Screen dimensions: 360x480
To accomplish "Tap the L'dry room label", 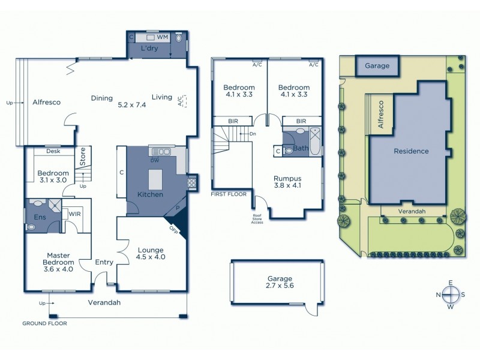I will (x=150, y=48).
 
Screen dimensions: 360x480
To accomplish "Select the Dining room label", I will (x=102, y=98).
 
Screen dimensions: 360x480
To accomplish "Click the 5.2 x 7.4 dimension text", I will (x=133, y=104).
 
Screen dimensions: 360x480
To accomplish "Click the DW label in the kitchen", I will (x=154, y=161).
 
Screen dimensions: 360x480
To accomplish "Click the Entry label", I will (x=105, y=262).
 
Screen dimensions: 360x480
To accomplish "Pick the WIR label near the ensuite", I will (x=75, y=212).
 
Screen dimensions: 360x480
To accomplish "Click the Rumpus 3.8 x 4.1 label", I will (x=287, y=182).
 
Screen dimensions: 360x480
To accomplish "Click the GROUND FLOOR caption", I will (x=44, y=323).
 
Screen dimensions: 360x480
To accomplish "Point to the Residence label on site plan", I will (x=411, y=151).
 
